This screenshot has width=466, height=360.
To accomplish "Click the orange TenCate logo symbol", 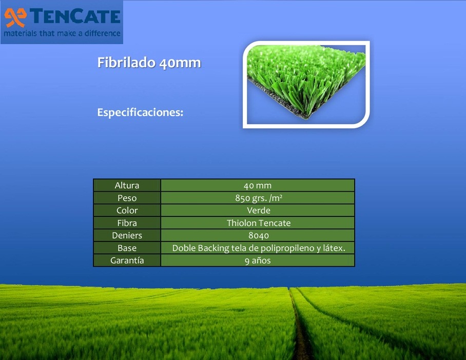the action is (x=15, y=17).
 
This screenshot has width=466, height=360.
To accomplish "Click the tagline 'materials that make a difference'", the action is (x=62, y=33).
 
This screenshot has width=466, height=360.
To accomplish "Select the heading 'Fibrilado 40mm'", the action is (x=149, y=63).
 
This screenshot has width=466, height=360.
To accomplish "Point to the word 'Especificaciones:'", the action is (x=140, y=112).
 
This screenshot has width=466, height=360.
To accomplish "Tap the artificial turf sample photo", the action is (x=306, y=85).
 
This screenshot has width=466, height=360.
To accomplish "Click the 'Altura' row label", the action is (x=127, y=185).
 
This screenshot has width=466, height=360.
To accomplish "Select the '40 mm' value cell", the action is (x=258, y=185).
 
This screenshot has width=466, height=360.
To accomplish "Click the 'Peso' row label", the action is (x=127, y=198).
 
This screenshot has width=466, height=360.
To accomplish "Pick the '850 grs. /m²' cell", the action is (x=258, y=198).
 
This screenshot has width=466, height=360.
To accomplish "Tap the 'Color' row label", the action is (x=127, y=210).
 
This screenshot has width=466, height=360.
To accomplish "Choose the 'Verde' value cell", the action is (x=258, y=210).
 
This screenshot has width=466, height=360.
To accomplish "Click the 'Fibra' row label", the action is (x=127, y=223).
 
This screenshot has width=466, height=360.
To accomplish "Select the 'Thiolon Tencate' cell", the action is (x=258, y=223).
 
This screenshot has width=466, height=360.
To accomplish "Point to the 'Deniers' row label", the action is (x=127, y=235).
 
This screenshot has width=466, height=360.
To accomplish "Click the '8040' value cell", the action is (x=258, y=235).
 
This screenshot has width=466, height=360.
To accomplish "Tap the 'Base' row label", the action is (x=127, y=248).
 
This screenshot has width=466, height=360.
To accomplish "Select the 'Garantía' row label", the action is (x=127, y=260).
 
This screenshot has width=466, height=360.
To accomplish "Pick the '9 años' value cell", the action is (x=258, y=260).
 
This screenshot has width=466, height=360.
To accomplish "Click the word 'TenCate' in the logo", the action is (x=75, y=16).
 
